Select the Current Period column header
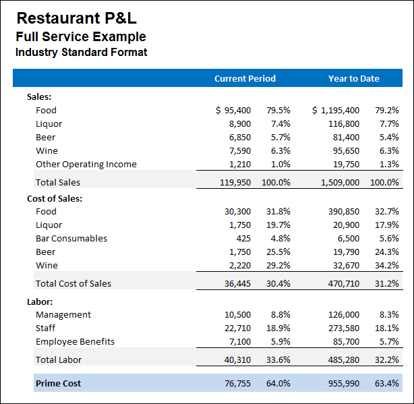pos(245,78)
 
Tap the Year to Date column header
pos(353,78)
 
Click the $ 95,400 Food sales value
pos(233,110)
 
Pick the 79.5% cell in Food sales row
pos(278,110)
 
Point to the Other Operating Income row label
pos(86,164)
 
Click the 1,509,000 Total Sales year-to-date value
pos(338,182)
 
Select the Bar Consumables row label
pos(71,238)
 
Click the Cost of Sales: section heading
pos(55,198)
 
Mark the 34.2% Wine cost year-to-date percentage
pos(387,265)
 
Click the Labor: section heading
pos(40,301)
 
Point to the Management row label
pos(63,314)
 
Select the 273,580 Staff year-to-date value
pos(343,328)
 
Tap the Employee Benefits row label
pos(75,341)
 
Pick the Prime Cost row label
pos(58,383)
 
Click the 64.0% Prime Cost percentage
pos(278,383)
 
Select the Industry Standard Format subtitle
pos(81,52)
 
